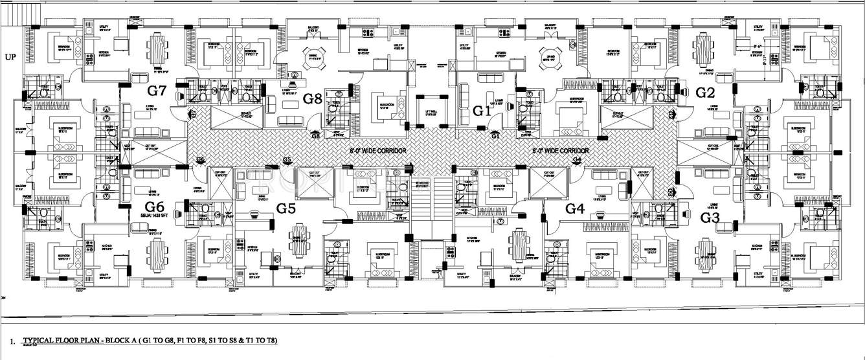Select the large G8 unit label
(x=313, y=98)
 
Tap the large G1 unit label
(x=482, y=111)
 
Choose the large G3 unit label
(x=711, y=218)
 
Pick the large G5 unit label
(x=286, y=208)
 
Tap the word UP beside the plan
(x=10, y=56)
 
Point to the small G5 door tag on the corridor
(x=287, y=160)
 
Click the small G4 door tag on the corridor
(x=577, y=159)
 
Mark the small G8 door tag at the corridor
(x=315, y=136)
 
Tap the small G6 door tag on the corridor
(x=200, y=159)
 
